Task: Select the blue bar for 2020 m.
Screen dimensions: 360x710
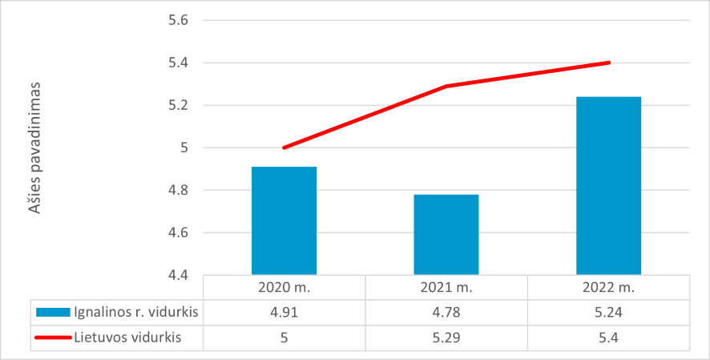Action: click(284, 220)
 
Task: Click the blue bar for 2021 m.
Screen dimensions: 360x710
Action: click(446, 234)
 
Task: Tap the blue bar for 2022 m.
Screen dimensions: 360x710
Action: click(608, 185)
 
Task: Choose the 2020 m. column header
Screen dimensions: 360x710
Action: click(284, 287)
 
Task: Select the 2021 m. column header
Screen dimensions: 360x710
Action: click(446, 287)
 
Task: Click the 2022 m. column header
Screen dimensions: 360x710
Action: click(608, 287)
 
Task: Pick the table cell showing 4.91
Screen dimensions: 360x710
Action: click(284, 312)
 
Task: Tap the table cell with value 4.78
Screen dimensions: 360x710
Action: click(446, 312)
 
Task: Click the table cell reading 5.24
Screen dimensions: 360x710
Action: click(608, 312)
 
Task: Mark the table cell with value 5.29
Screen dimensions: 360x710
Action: click(446, 338)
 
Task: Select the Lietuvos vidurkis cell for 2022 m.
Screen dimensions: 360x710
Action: click(608, 338)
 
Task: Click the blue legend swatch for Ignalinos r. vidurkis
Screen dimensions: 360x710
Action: click(54, 312)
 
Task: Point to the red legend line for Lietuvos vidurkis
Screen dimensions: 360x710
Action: click(54, 338)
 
